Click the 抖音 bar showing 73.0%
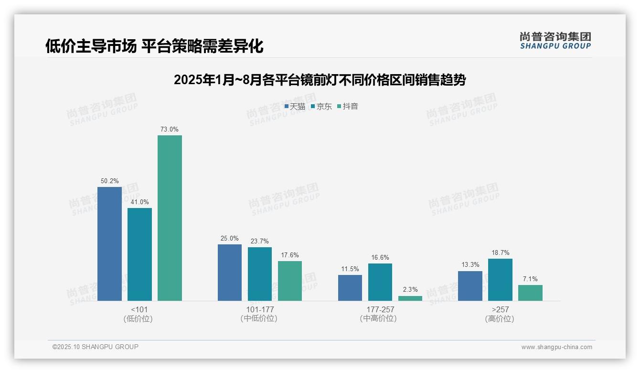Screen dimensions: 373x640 [x=170, y=218]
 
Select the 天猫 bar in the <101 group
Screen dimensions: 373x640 [x=109, y=244]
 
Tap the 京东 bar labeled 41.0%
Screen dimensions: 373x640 [x=139, y=254]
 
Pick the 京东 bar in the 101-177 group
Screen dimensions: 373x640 [x=260, y=274]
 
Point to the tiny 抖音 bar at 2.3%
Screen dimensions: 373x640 [x=410, y=298]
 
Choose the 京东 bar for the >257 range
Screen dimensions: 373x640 [x=500, y=280]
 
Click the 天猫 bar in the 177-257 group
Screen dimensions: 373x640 [x=350, y=288]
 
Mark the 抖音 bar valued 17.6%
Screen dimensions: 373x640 [x=290, y=281]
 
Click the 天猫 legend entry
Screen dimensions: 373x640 [x=295, y=106]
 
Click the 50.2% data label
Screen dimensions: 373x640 [x=109, y=181]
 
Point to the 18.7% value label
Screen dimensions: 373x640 [x=500, y=253]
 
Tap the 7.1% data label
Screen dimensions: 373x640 [x=530, y=279]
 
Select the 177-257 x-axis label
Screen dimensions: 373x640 [x=378, y=309]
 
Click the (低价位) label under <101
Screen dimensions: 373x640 [x=138, y=318]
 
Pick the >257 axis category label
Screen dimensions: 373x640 [x=500, y=309]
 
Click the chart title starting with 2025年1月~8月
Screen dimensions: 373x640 [x=320, y=80]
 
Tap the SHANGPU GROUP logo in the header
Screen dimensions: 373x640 [x=555, y=41]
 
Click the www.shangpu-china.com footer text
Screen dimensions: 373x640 [x=556, y=347]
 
